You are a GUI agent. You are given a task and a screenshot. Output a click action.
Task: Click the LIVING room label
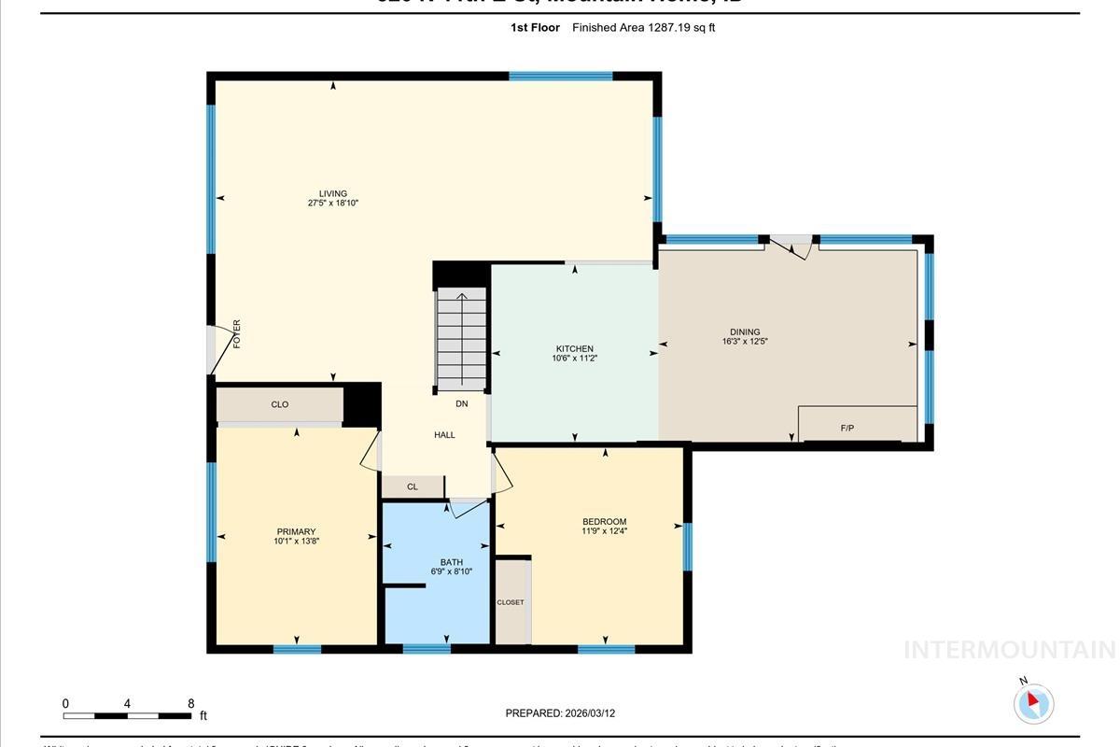click(333, 194)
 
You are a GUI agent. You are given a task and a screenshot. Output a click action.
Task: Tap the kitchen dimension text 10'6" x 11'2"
click(575, 359)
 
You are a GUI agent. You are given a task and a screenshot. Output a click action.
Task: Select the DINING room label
click(745, 331)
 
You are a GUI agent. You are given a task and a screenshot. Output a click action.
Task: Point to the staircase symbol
click(461, 338)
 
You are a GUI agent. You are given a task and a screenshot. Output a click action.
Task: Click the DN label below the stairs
click(461, 404)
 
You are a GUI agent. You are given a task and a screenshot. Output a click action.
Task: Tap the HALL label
click(444, 435)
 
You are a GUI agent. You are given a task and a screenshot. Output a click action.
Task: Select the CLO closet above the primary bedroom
click(279, 405)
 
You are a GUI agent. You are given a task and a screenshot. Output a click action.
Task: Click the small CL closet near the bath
click(413, 486)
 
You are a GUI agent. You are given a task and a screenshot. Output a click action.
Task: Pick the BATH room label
click(452, 562)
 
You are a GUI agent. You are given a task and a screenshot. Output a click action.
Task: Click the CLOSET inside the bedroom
click(511, 602)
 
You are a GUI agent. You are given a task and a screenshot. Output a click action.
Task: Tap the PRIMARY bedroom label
click(296, 532)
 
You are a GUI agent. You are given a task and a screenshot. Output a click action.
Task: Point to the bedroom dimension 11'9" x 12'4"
click(604, 531)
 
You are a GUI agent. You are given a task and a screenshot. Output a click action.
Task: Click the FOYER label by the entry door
click(237, 333)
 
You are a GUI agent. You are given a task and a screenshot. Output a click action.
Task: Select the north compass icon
click(1033, 703)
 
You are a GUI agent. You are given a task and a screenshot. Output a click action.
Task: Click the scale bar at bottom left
click(127, 716)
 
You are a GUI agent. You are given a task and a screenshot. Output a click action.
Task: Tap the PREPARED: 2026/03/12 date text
click(560, 713)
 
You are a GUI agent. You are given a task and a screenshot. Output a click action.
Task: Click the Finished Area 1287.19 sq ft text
click(643, 28)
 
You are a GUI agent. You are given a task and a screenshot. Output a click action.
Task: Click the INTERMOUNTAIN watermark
click(1009, 650)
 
